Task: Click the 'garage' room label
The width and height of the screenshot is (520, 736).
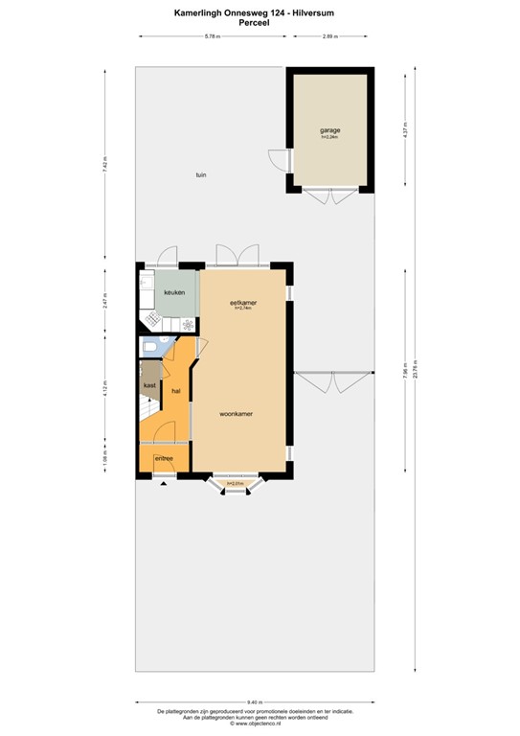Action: (x=330, y=129)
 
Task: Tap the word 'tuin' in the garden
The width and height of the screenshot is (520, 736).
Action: (x=201, y=174)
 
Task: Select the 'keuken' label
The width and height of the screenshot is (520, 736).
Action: (x=173, y=292)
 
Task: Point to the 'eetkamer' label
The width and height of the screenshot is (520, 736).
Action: (x=242, y=302)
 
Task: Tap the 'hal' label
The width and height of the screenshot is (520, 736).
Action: (x=176, y=391)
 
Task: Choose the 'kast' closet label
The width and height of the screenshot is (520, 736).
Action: (x=149, y=385)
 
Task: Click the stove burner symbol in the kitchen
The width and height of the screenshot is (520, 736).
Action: (x=188, y=324)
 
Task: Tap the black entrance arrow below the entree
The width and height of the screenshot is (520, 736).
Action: (x=163, y=482)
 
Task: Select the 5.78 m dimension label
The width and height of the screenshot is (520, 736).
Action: (x=212, y=36)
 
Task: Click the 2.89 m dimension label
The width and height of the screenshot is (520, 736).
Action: (x=328, y=36)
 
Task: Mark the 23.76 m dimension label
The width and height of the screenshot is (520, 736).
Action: (x=417, y=376)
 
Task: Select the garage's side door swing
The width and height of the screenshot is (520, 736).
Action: (x=277, y=160)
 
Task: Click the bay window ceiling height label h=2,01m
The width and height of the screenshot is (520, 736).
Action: (x=235, y=483)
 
